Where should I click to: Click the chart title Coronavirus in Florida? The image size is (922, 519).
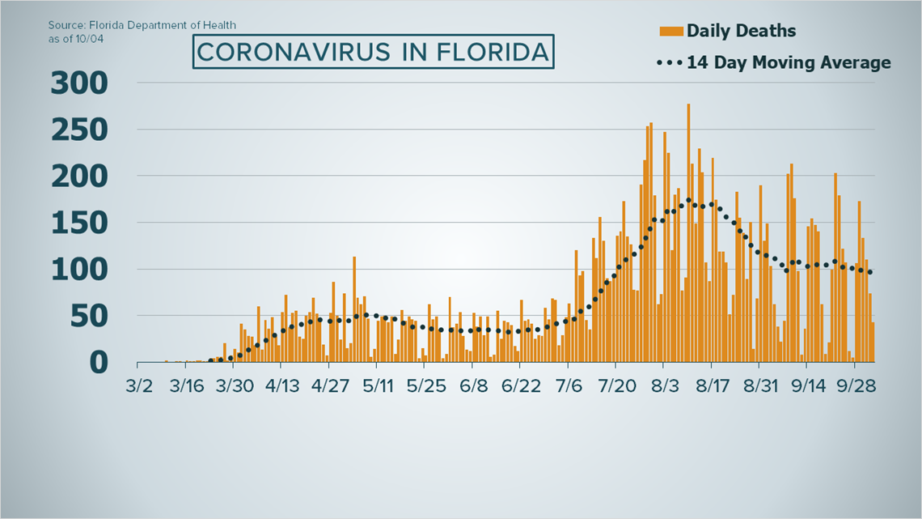pos(374,53)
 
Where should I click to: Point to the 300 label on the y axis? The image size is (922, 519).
pos(79,83)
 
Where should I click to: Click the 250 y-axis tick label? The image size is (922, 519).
pos(79,130)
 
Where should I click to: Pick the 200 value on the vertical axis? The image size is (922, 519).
pos(79,176)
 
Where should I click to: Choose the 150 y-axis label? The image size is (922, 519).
pos(79,223)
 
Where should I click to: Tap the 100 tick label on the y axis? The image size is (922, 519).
pos(79,269)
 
